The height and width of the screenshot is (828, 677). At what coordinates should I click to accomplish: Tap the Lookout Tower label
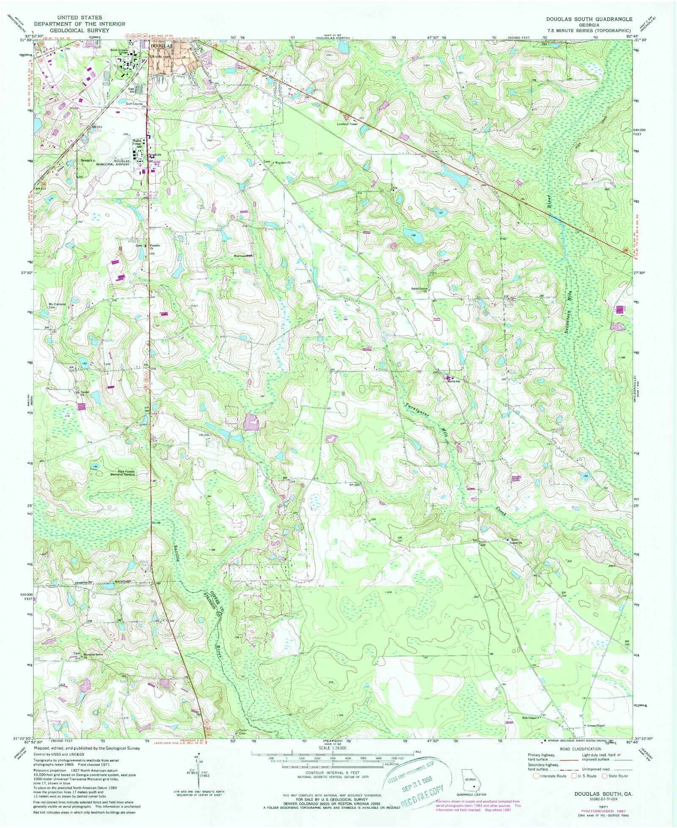tap(347, 124)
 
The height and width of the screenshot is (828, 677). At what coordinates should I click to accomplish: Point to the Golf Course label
tap(134, 104)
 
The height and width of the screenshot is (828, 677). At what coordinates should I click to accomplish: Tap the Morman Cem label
tap(243, 256)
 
